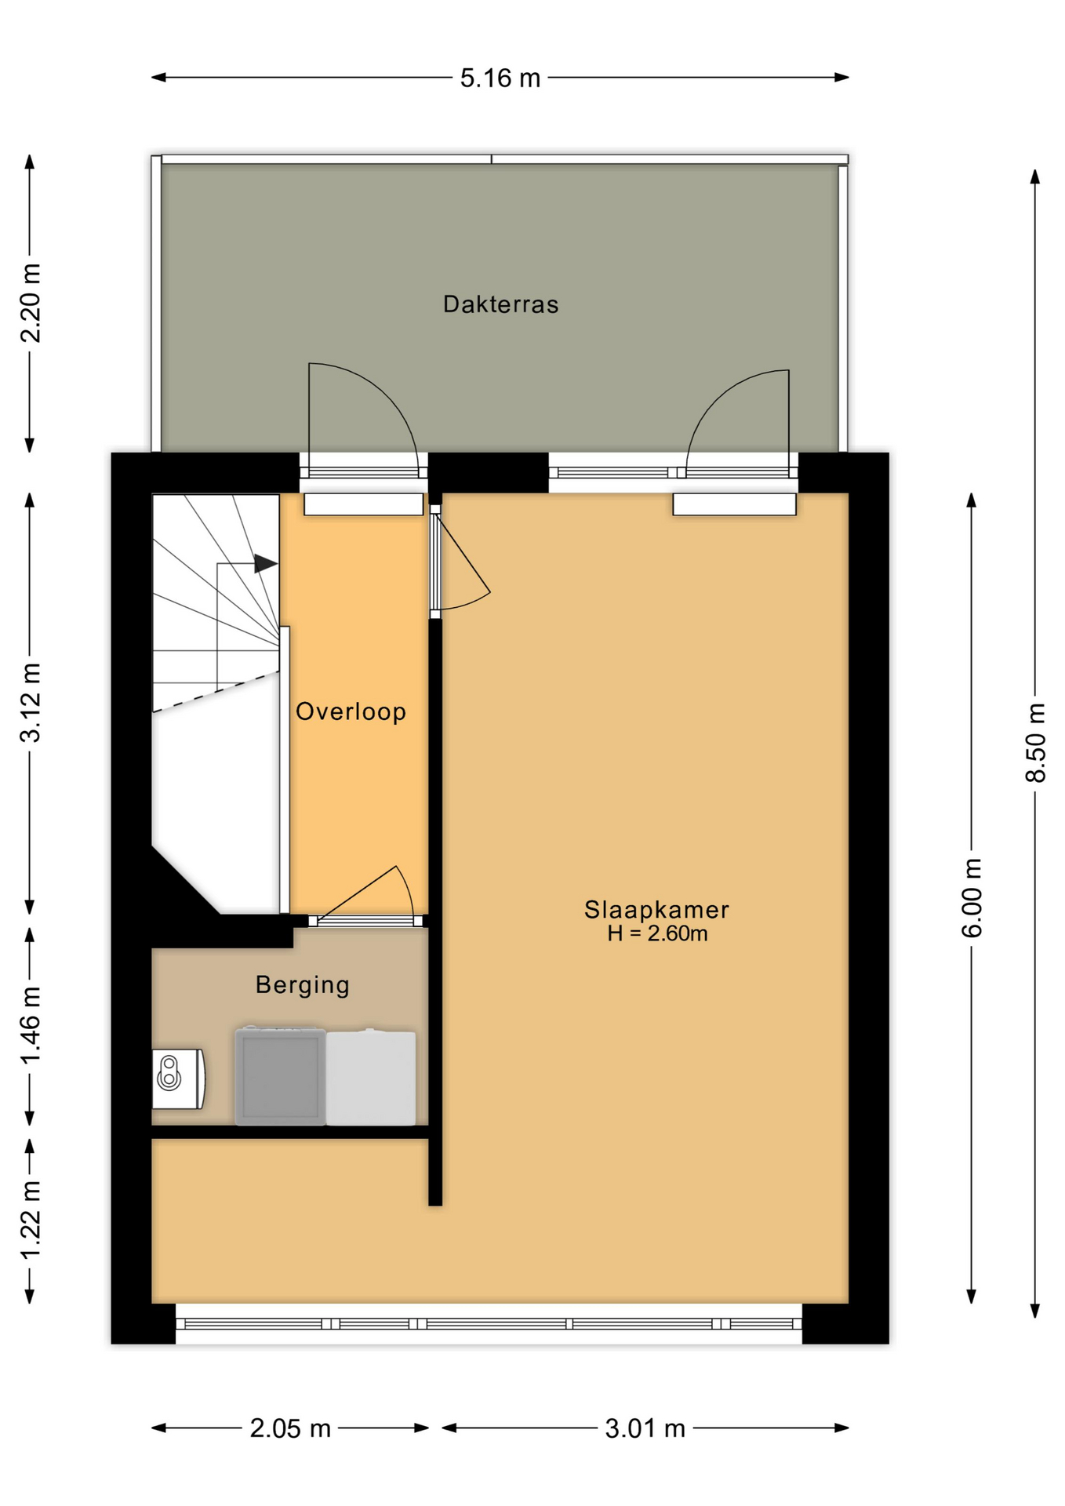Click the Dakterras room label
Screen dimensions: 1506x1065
tap(500, 304)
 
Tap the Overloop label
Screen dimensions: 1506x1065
tap(351, 711)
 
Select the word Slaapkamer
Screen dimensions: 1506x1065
tap(656, 909)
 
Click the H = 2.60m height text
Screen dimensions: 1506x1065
tap(657, 933)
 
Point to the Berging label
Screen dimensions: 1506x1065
tap(302, 984)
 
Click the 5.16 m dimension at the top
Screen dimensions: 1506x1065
tap(500, 78)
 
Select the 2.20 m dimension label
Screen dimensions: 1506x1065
tap(31, 303)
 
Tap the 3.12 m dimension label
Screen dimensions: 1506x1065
tap(31, 702)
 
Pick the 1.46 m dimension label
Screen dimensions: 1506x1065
tap(31, 1025)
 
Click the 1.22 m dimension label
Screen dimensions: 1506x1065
tap(31, 1220)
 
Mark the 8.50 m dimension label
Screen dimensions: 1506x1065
tap(1035, 742)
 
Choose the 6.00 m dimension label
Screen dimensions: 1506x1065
tap(972, 897)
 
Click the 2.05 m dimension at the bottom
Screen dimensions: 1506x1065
tap(290, 1428)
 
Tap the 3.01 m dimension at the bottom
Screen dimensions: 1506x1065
tap(645, 1428)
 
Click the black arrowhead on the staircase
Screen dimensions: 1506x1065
tap(265, 563)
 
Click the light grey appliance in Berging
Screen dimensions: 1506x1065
tap(371, 1078)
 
